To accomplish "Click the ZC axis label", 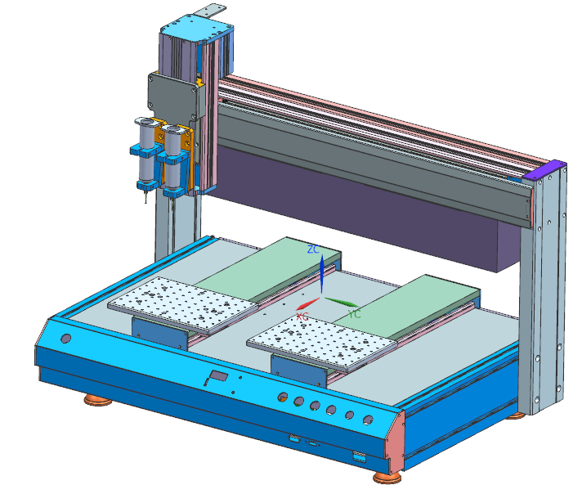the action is point(313,249).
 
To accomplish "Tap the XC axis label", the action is point(302,317).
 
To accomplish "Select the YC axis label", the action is point(354,314).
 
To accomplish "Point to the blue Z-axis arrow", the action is point(321,273).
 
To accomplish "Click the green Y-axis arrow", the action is point(342,302).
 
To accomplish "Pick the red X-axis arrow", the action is point(307,303).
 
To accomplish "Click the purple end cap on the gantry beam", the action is point(544,170).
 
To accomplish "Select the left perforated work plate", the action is point(183,304).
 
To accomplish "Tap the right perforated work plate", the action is point(322,343).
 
